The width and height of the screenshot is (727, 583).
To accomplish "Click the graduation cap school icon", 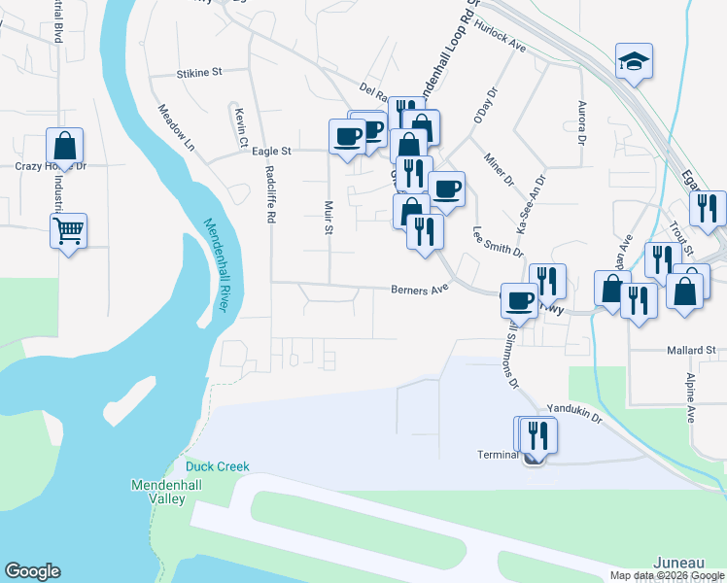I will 634,63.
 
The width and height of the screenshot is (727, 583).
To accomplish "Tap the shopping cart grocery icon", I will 68,231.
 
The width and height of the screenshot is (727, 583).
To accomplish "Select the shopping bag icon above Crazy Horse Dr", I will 64,147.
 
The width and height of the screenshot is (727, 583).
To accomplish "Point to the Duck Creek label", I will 218,467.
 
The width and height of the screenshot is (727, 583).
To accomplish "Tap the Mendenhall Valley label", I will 157,492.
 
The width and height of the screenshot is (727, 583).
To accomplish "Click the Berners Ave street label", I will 419,289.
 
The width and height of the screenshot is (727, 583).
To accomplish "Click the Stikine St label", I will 200,73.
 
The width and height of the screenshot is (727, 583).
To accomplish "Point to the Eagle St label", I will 271,152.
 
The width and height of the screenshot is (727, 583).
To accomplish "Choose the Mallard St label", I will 690,350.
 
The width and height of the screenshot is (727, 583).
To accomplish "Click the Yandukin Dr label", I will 574,413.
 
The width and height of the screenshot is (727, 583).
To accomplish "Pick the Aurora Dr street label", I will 581,122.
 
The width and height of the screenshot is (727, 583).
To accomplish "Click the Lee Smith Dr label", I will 491,241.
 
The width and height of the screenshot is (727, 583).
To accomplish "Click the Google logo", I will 32,571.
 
